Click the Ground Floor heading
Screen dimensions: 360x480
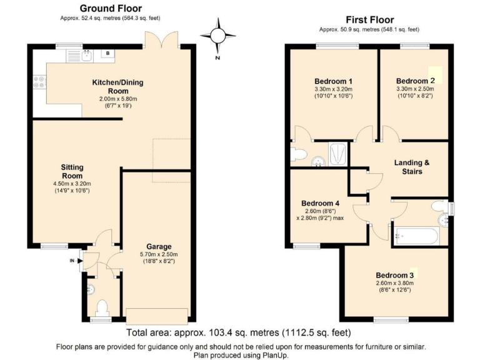point(111,8)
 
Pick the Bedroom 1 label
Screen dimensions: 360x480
point(333,81)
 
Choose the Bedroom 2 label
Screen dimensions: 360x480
point(416,81)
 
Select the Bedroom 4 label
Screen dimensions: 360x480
point(321,203)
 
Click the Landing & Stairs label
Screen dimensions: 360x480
point(412,167)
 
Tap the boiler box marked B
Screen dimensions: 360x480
point(108,54)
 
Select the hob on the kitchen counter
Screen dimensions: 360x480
point(39,81)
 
